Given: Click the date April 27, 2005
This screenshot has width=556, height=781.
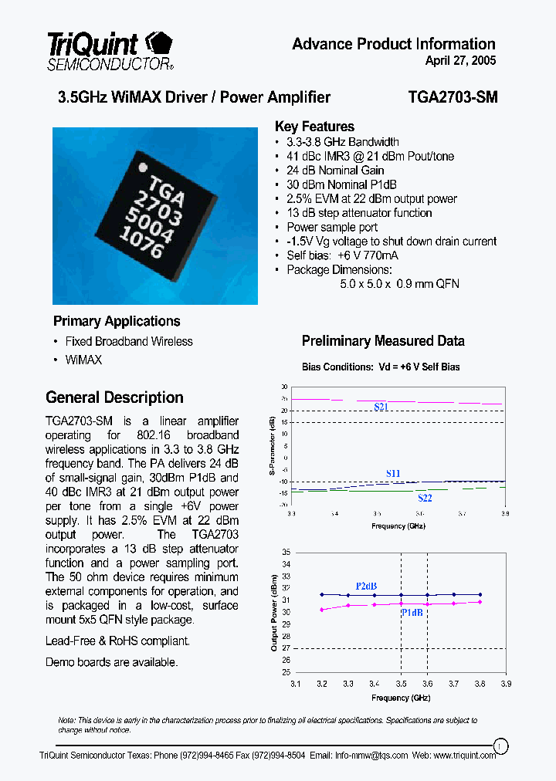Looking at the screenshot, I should coord(460,61).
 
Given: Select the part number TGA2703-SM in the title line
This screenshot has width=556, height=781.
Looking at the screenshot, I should coord(453,97).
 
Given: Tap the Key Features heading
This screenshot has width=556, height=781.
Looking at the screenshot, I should coord(314,127).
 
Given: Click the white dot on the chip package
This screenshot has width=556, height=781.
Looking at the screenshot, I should coord(141,167).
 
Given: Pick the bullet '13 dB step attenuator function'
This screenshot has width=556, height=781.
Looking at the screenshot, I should coord(359,213).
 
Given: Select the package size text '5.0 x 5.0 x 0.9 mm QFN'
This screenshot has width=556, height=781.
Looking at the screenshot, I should coord(399,284).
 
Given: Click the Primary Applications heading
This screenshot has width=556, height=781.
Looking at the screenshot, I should coord(117,321).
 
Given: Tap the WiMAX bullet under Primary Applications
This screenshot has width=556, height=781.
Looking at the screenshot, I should coord(83,360).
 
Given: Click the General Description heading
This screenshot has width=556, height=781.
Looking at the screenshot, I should coord(114,397).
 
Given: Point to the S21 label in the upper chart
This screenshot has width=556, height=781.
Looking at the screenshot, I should coord(381,407).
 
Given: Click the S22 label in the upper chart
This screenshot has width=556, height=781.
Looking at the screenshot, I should coord(424,499).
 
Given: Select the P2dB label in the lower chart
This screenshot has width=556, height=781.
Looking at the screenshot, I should coord(366,587).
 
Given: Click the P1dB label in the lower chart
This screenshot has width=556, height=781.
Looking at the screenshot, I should coord(412,613).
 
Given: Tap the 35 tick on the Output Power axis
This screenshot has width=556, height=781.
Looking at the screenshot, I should coord(285,552).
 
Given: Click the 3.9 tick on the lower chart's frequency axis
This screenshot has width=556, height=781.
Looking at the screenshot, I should coord(506,683).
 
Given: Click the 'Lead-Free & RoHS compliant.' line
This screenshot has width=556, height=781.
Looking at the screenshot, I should coord(117,641).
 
